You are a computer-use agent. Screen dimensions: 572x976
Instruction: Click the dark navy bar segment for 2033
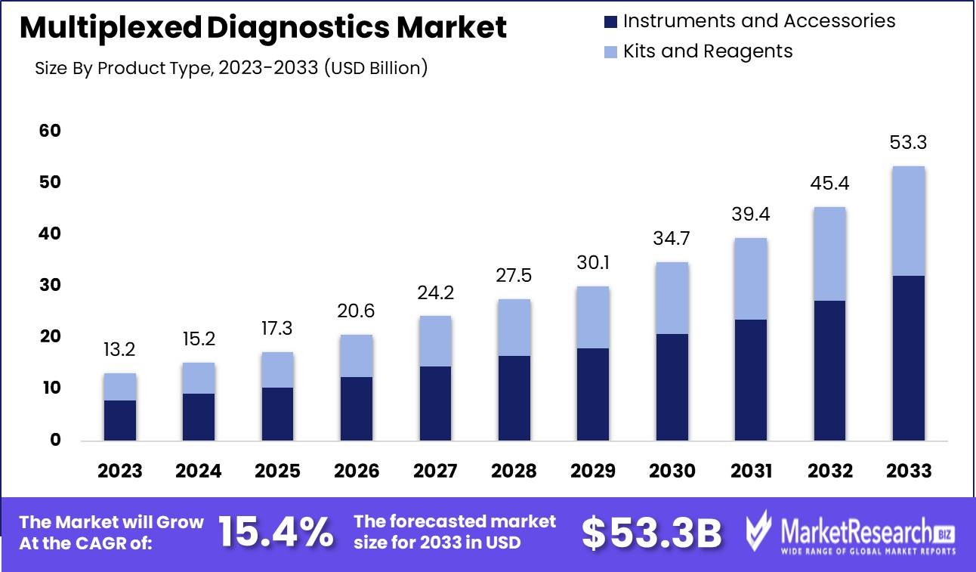tap(908, 357)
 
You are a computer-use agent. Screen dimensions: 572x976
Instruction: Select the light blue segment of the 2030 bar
tap(672, 298)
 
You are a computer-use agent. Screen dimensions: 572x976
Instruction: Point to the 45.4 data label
tap(829, 184)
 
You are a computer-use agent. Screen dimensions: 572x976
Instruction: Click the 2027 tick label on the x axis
tap(435, 471)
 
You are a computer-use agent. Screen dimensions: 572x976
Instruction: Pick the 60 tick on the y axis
tap(50, 131)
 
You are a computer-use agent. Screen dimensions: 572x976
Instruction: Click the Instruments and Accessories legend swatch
tap(611, 21)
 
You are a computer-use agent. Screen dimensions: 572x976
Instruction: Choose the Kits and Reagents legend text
tap(707, 51)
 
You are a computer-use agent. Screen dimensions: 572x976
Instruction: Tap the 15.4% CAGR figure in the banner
tap(276, 533)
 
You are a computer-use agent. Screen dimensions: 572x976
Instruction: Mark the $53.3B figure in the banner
tap(652, 533)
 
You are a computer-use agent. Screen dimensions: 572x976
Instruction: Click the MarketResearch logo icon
tap(760, 530)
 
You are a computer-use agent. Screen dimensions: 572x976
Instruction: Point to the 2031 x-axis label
tap(751, 471)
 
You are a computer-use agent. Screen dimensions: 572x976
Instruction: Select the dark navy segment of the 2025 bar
tap(277, 413)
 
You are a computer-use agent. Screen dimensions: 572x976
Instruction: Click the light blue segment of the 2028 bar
tap(514, 327)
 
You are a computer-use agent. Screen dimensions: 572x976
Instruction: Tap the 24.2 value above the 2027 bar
tap(435, 292)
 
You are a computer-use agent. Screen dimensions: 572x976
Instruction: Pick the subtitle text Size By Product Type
tap(121, 68)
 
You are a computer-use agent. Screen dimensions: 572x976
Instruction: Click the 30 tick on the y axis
tap(50, 286)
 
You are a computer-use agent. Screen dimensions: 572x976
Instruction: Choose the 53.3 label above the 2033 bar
tap(908, 143)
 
